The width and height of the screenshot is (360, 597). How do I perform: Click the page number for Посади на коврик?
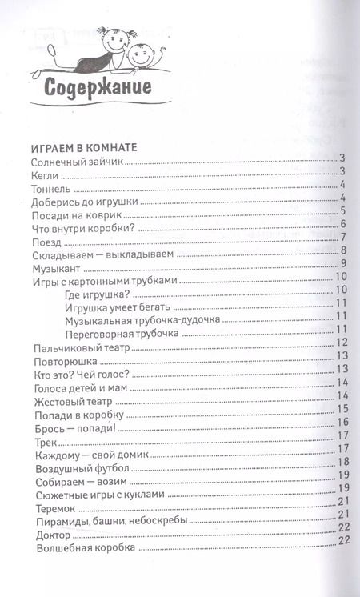tap(342, 212)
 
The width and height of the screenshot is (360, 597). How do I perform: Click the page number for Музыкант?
tap(342, 264)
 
